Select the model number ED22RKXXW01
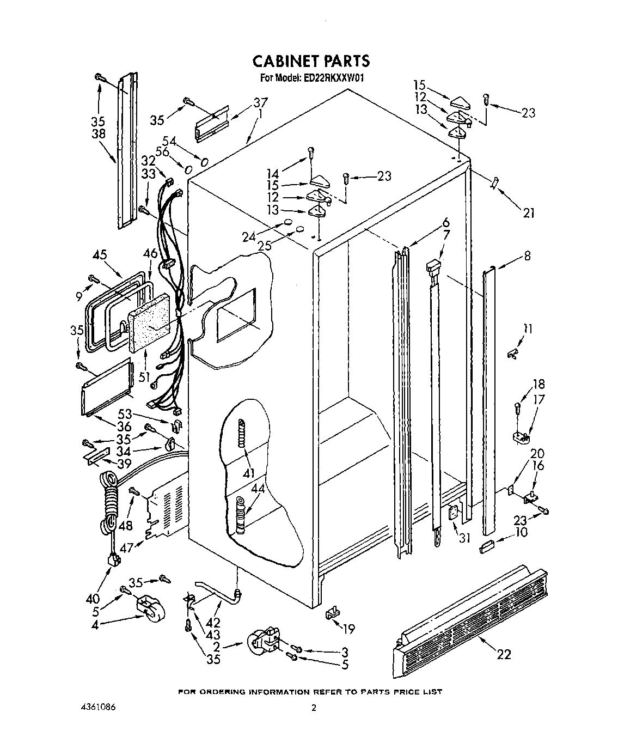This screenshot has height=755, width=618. tap(332, 78)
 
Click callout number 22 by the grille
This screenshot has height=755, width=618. tap(504, 654)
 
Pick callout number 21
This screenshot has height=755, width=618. tap(528, 213)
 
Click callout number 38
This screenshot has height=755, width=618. tap(99, 133)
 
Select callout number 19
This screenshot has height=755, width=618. tap(348, 629)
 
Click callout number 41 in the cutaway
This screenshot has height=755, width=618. tap(249, 473)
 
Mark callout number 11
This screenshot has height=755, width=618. tap(528, 328)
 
